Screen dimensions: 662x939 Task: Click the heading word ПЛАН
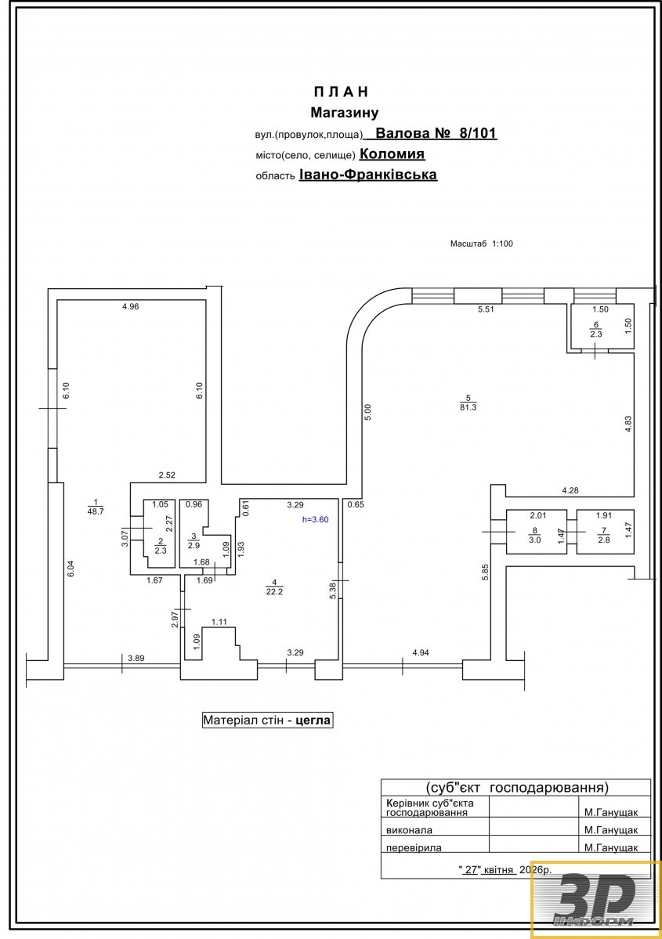pos(341,92)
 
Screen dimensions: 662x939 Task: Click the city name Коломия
pos(392,154)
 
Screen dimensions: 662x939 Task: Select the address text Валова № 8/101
pos(436,133)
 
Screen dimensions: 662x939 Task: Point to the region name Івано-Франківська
pos(368,175)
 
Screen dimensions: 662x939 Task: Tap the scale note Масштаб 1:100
pos(482,244)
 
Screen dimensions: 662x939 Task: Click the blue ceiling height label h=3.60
pos(315,520)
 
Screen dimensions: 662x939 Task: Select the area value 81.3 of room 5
pos(468,407)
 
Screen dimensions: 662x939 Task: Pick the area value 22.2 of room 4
pos(274,591)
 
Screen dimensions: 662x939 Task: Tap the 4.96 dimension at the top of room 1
pos(130,307)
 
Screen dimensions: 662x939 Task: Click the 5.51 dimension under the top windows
pos(486,309)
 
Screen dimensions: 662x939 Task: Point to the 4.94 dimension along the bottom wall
pos(421,652)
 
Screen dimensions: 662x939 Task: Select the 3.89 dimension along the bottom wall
pos(136,658)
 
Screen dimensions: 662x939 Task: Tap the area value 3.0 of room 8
pos(535,540)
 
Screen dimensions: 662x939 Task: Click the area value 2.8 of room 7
pos(604,540)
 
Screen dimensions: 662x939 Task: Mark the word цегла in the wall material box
pos(313,721)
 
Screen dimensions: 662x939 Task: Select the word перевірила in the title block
pos(414,848)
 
